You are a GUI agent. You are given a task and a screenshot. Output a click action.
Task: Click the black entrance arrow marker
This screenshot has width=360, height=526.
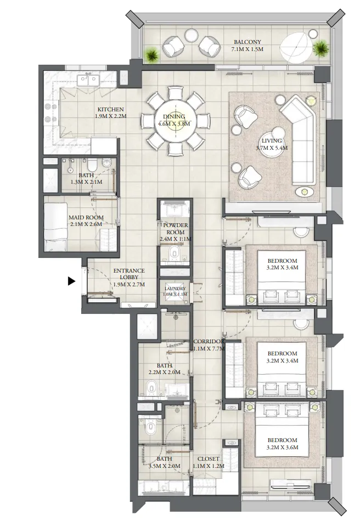(71, 281)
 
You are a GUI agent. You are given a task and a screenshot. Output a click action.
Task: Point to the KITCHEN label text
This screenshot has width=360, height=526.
(110, 109)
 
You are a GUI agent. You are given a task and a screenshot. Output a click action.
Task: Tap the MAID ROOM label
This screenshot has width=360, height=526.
(82, 218)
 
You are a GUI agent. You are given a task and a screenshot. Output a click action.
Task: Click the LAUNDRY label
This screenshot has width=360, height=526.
(175, 289)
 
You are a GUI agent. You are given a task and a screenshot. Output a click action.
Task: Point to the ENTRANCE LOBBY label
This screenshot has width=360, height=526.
(128, 270)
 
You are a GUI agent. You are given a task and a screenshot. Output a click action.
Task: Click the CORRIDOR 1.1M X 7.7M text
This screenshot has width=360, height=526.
(209, 344)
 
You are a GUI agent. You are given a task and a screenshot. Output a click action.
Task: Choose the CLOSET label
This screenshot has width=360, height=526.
(209, 459)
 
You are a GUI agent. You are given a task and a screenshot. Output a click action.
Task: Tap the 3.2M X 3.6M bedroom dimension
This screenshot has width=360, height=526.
(282, 448)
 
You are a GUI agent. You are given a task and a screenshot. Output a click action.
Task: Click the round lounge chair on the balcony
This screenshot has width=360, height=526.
(299, 48)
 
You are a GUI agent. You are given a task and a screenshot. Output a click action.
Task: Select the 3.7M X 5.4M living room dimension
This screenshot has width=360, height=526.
(272, 148)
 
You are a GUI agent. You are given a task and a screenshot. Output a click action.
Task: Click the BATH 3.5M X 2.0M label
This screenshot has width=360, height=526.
(164, 462)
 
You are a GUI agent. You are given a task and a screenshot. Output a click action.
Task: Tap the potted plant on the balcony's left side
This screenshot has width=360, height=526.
(152, 53)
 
